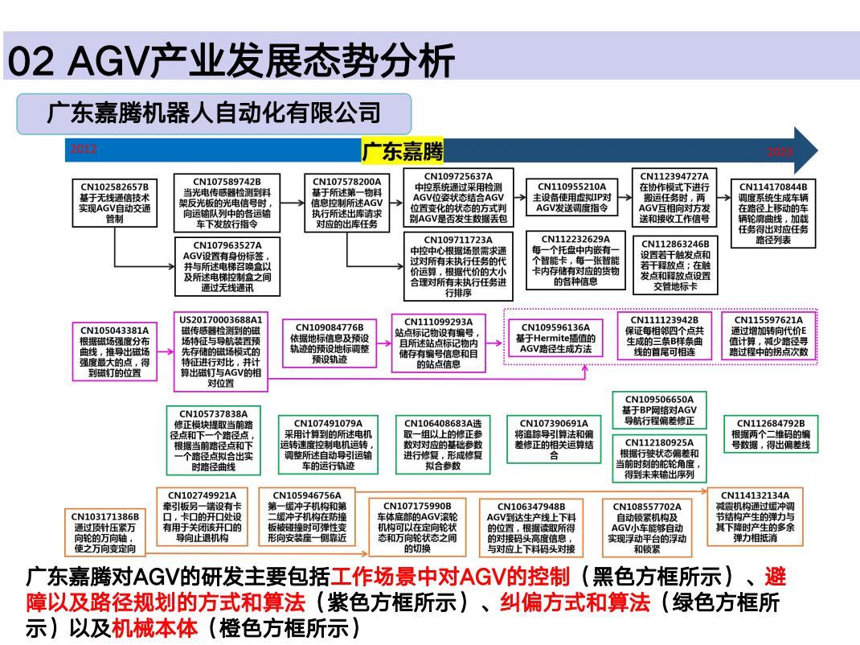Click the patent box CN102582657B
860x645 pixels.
[x=114, y=203]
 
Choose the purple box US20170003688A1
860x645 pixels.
[x=221, y=351]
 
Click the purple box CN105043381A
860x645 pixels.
[x=114, y=351]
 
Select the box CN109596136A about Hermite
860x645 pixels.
[x=555, y=339]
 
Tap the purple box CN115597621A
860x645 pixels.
[x=768, y=335]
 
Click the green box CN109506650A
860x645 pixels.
[x=658, y=409]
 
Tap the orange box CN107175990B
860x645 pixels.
[x=416, y=528]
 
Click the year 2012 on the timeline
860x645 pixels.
[x=83, y=149]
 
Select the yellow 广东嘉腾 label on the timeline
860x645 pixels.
[x=402, y=150]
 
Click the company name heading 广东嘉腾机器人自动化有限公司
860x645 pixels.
[x=214, y=113]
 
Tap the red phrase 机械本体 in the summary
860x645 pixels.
[x=154, y=627]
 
